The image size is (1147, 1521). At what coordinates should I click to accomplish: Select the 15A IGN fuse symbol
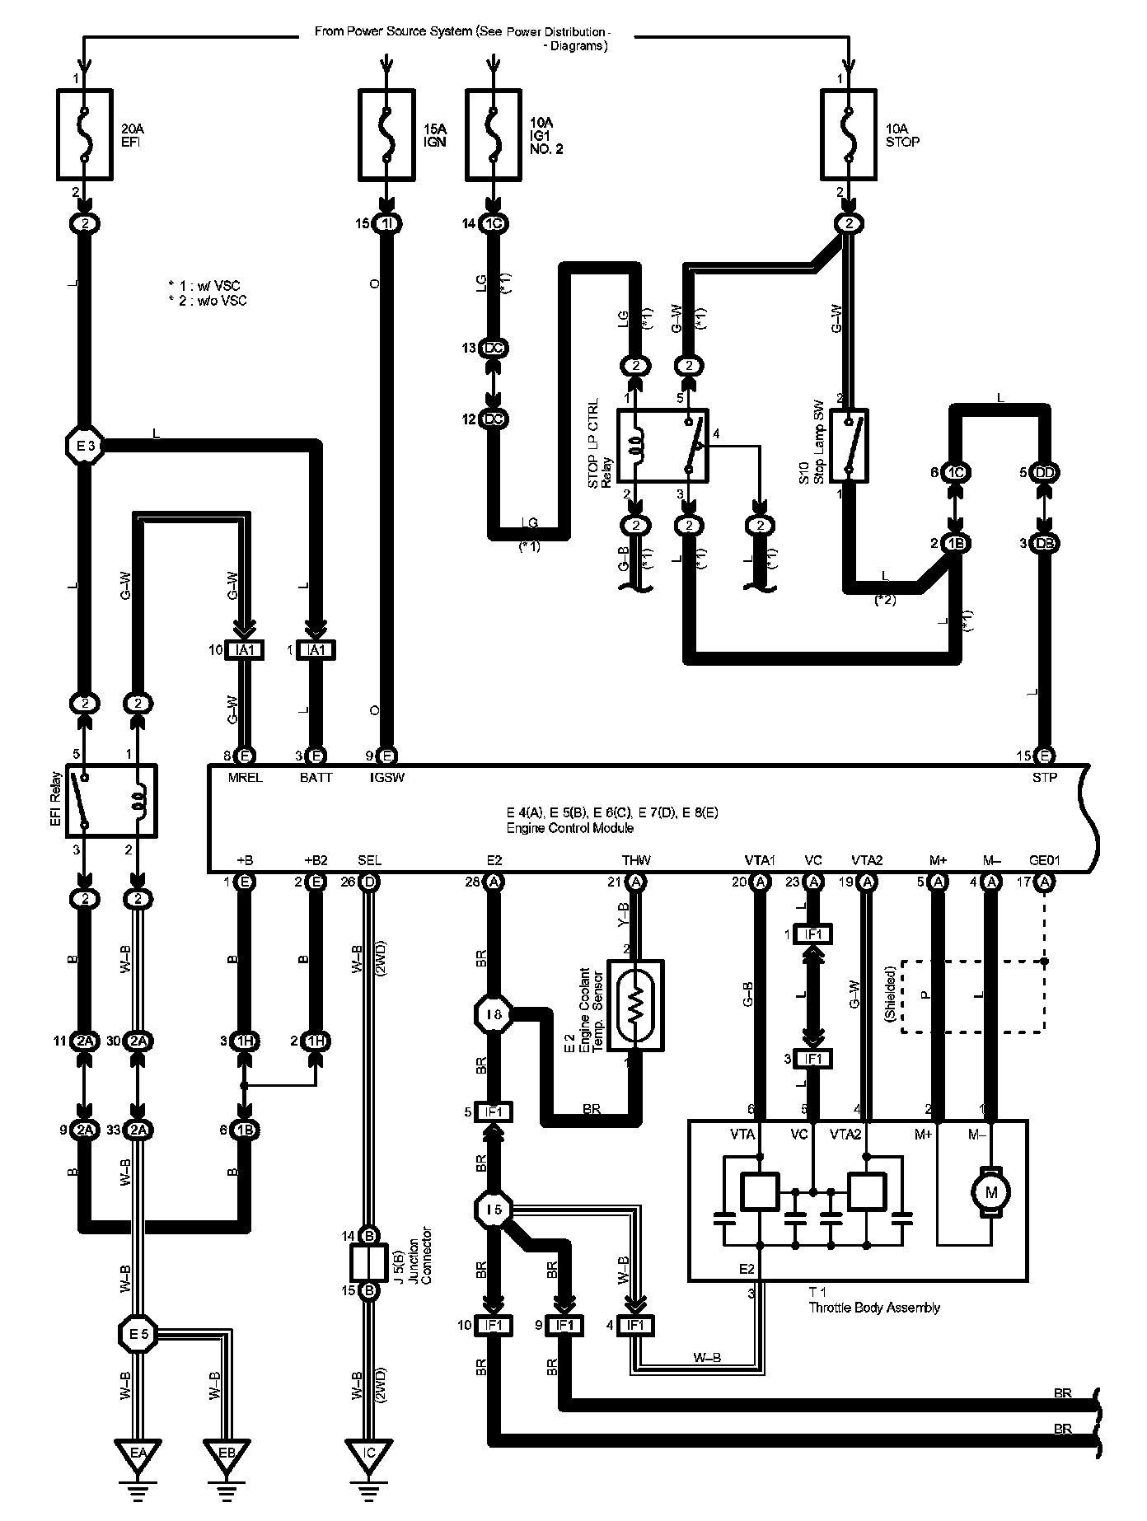tap(387, 134)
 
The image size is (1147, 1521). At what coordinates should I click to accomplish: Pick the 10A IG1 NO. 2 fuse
tap(494, 134)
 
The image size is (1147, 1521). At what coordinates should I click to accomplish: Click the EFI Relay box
tap(111, 801)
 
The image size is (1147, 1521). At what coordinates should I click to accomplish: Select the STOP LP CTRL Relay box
tap(662, 445)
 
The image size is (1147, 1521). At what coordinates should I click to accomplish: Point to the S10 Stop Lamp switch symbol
tap(849, 445)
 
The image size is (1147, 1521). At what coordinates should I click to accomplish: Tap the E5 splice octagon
tap(138, 1331)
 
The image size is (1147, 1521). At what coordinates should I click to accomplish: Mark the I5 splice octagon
tap(494, 1210)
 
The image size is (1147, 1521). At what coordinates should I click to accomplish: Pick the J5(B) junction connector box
tap(370, 1261)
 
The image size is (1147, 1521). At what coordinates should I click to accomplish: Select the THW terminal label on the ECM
tap(636, 861)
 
